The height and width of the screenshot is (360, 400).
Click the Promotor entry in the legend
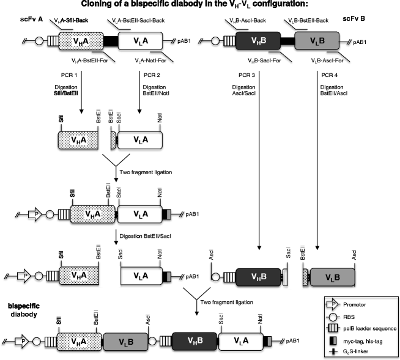[x=359, y=303]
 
